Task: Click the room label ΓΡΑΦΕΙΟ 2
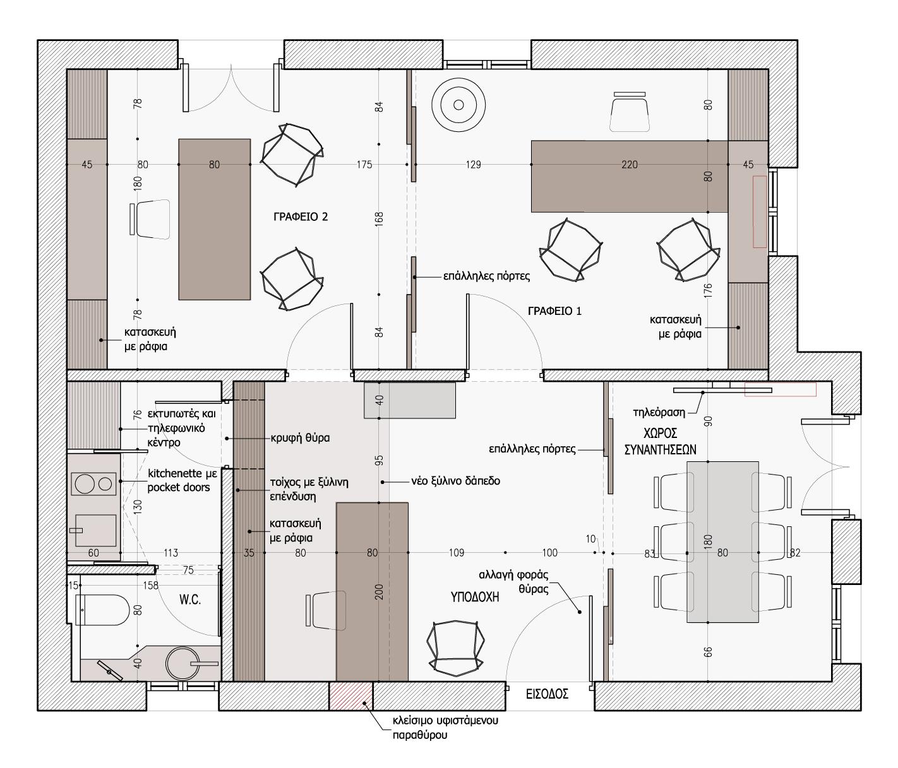pos(301,216)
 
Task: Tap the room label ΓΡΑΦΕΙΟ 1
pos(555,311)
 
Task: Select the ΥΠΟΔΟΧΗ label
pos(475,598)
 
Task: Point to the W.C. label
pos(190,600)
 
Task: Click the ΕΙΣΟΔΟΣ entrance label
pos(547,694)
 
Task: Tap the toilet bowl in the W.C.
pos(102,610)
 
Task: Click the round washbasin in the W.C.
pos(181,665)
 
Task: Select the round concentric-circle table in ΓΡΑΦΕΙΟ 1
pos(458,105)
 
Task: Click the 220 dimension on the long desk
pos(630,165)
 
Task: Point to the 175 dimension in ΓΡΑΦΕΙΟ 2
pos(364,165)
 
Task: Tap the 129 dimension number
pos(473,165)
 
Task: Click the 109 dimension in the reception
pos(456,553)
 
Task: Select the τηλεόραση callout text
pos(659,412)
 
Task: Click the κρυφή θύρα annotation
pos(300,437)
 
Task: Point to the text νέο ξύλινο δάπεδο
pos(455,481)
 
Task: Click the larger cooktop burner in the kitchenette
pos(85,483)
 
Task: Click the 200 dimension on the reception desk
pos(379,592)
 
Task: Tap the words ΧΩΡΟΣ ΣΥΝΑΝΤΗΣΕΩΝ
pos(660,441)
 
